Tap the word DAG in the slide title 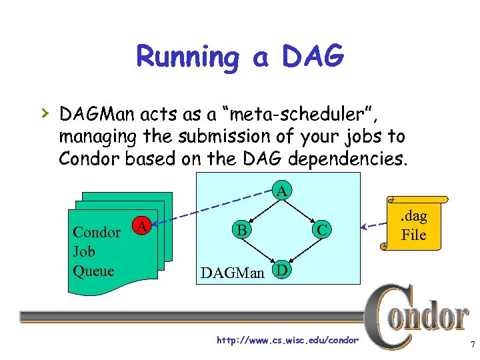point(313,57)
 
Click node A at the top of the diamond point(282,191)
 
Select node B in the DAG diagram point(239,230)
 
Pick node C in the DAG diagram point(322,231)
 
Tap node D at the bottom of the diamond point(282,271)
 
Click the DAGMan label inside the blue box point(232,272)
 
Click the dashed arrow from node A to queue point(213,207)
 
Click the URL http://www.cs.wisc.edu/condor point(287,341)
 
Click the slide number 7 point(472,345)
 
